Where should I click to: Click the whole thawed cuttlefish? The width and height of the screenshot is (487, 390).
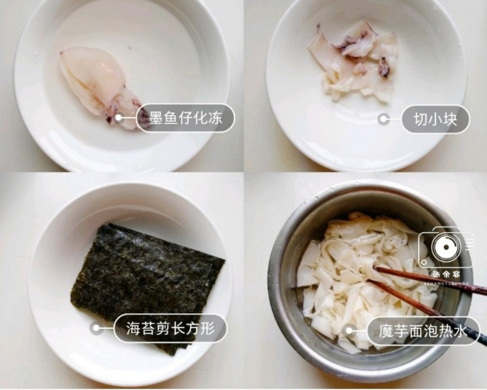pyautogui.click(x=97, y=84)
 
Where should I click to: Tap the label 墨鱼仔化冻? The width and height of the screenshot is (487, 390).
pyautogui.click(x=185, y=118)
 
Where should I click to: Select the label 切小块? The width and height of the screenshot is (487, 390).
pyautogui.click(x=435, y=119)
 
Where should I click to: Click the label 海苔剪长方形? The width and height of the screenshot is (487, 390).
pyautogui.click(x=170, y=329)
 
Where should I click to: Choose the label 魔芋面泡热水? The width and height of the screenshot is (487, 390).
pyautogui.click(x=423, y=331)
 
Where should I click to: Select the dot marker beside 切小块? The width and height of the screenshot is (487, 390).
pyautogui.click(x=384, y=119)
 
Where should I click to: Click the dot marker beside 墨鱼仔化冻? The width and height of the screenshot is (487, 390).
pyautogui.click(x=119, y=118)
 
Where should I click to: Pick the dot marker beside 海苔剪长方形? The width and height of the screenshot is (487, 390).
pyautogui.click(x=96, y=328)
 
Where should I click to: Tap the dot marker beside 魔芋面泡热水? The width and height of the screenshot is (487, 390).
pyautogui.click(x=349, y=331)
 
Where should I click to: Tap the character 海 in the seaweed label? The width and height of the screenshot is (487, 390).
pyautogui.click(x=133, y=329)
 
